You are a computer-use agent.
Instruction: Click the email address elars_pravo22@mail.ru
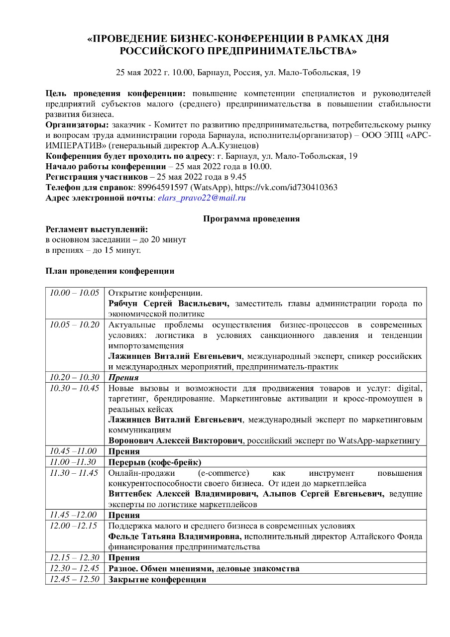(x=202, y=198)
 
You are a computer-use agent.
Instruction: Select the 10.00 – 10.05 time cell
(x=75, y=293)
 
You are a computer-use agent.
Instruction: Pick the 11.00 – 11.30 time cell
(x=75, y=462)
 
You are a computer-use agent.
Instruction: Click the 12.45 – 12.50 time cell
(x=75, y=579)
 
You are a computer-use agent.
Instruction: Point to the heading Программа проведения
(x=251, y=218)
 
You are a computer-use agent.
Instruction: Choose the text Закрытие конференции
(x=157, y=580)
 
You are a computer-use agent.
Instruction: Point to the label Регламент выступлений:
(x=97, y=229)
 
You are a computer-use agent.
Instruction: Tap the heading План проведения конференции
(x=110, y=271)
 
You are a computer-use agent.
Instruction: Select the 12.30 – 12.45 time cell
(x=75, y=568)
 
